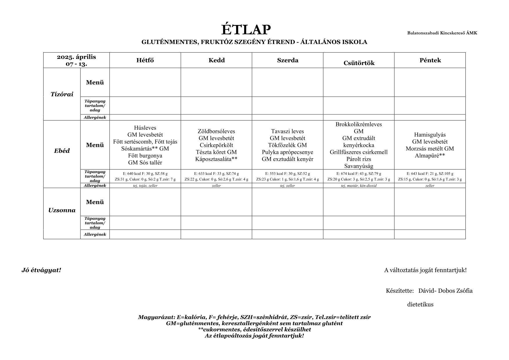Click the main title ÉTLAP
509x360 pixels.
246,30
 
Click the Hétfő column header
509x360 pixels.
145,60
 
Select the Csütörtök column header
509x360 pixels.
359,63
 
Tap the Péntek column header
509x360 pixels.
430,60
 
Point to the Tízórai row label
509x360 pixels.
62,94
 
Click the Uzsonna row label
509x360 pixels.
62,210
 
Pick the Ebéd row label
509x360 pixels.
62,151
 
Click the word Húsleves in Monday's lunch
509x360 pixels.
145,128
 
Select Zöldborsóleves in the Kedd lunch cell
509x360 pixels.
216,131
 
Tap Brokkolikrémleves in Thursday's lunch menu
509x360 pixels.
359,124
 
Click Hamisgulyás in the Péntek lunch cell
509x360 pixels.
430,135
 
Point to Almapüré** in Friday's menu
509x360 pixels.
430,156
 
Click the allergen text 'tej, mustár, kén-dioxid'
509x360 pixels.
359,186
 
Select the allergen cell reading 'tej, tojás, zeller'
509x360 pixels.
145,186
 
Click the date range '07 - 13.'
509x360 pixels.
76,64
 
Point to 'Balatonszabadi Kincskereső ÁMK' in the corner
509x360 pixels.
442,33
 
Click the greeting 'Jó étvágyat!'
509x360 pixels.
41,270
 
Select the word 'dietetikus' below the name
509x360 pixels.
420,305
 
